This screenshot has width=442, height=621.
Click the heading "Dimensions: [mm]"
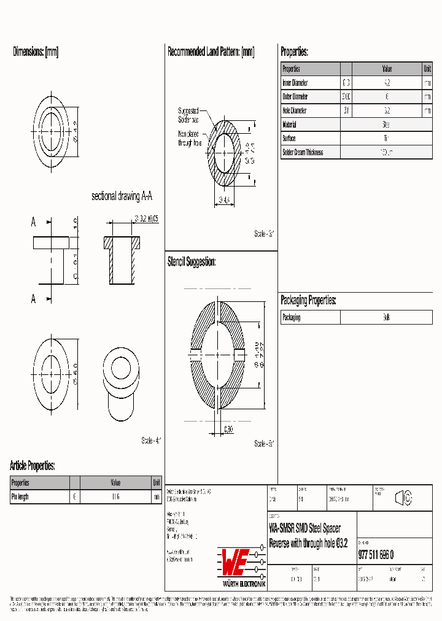click(36, 52)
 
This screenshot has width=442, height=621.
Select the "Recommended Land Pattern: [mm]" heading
click(211, 52)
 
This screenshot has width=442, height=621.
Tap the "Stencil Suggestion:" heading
click(192, 262)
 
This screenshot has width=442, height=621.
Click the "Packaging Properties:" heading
click(308, 300)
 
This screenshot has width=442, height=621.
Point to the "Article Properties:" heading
click(33, 466)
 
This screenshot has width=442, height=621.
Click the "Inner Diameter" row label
click(295, 83)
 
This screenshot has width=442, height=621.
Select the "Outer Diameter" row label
click(295, 97)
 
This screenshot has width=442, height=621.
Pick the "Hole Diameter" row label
click(295, 111)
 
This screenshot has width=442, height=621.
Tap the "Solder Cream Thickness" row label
click(303, 152)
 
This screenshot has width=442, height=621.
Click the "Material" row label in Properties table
click(289, 125)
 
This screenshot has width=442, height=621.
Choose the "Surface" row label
click(289, 139)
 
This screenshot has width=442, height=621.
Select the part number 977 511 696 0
click(376, 555)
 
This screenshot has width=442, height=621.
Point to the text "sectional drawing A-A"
click(122, 196)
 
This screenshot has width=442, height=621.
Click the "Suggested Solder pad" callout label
click(188, 115)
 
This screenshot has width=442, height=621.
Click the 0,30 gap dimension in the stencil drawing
click(228, 428)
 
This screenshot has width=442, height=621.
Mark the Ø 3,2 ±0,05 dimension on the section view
click(146, 218)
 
